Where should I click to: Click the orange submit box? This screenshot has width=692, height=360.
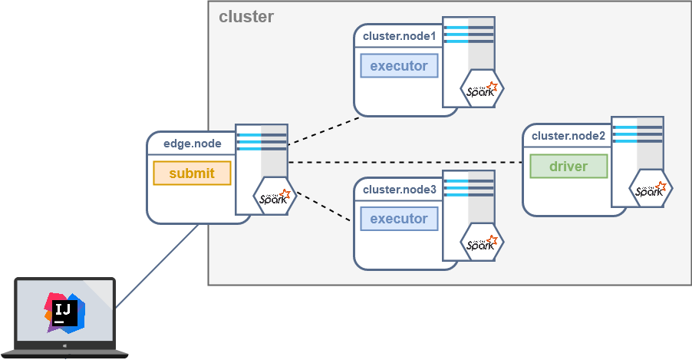coord(192,173)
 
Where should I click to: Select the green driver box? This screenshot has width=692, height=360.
coord(568,166)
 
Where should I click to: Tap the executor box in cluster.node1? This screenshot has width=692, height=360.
coord(399,66)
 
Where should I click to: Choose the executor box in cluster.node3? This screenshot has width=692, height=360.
coord(399,219)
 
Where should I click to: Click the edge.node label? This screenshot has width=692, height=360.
coord(193,144)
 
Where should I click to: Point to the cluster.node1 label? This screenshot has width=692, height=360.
coord(399,36)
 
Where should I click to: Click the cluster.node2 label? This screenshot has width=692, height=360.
coord(568,136)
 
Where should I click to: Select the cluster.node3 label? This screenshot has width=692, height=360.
coord(399,190)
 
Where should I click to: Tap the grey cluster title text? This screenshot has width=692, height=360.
coord(246,17)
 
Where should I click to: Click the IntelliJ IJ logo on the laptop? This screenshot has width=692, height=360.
coord(64,312)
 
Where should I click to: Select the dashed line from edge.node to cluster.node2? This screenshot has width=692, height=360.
coord(407,162)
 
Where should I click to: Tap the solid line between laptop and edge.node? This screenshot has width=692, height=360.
coord(157,265)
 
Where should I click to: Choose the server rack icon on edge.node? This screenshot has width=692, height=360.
coord(262,150)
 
